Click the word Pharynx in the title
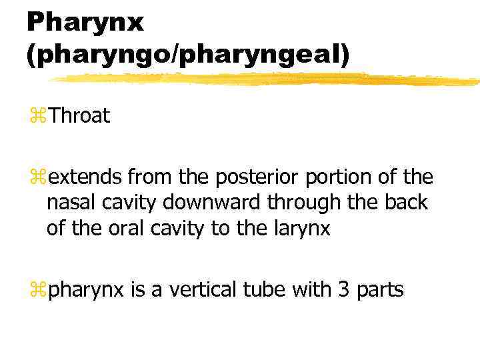(85, 21)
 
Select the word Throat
(79, 116)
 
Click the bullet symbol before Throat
(38, 117)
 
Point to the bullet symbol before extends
(38, 177)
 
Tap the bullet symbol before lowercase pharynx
(38, 291)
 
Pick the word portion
(327, 177)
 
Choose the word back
(405, 203)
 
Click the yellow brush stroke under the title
(267, 79)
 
